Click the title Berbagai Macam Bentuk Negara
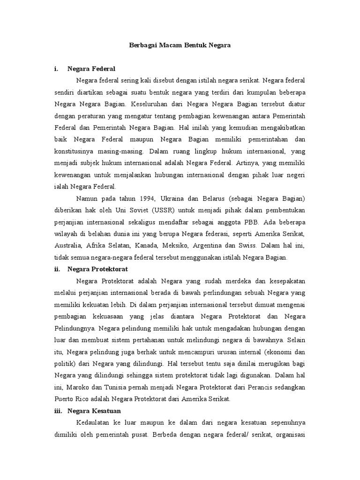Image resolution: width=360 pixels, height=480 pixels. tap(180, 45)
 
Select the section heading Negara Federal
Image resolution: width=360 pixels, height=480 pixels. tap(91, 68)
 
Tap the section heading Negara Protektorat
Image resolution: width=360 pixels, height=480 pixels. tap(97, 269)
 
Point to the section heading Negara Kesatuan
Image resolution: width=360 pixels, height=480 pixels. tap(94, 411)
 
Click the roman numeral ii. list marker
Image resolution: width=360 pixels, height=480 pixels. tap(57, 269)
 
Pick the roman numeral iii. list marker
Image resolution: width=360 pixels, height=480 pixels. tap(58, 411)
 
